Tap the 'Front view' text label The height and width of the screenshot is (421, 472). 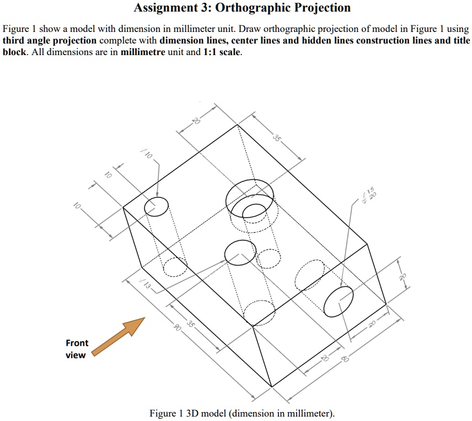(77, 349)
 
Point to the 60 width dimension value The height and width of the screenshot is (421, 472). (345, 360)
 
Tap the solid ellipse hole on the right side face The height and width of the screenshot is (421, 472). (338, 301)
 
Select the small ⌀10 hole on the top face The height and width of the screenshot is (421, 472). (157, 207)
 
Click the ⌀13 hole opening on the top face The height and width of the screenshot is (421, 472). (240, 252)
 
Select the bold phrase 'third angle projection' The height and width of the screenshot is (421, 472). (50, 41)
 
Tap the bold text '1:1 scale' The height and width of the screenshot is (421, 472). (222, 53)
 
